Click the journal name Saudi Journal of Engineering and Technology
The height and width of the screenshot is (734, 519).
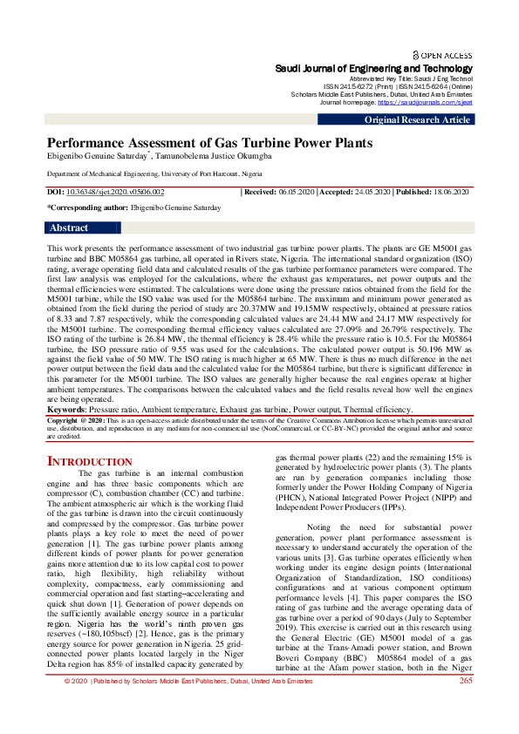click(x=373, y=68)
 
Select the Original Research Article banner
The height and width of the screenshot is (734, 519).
click(x=417, y=119)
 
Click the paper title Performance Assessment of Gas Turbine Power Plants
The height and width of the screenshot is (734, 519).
click(x=209, y=142)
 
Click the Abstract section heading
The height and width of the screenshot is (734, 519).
click(x=69, y=228)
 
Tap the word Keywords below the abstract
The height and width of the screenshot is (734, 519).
click(x=65, y=409)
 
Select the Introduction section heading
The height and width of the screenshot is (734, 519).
click(x=89, y=461)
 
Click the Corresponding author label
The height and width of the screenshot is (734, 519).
click(x=86, y=208)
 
